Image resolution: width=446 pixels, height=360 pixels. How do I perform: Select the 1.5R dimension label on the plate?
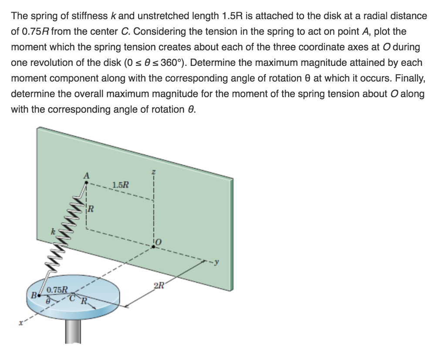click(x=120, y=184)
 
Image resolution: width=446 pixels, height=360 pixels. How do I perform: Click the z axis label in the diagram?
click(x=153, y=174)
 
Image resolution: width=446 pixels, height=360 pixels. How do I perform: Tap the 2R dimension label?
click(x=159, y=286)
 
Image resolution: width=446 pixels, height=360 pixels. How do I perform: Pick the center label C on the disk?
click(x=74, y=299)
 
